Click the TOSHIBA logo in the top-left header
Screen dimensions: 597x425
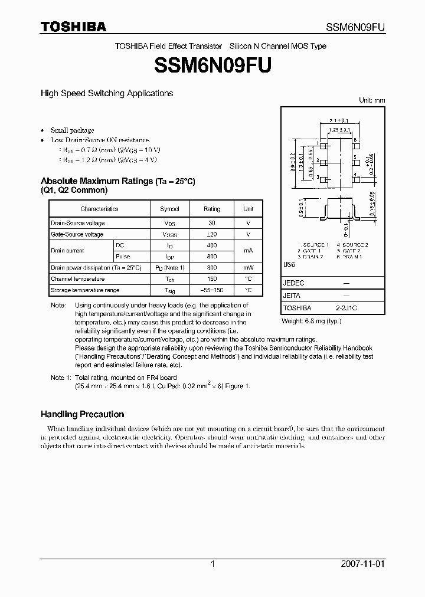pyautogui.click(x=73, y=27)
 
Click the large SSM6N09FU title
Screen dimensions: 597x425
pyautogui.click(x=212, y=65)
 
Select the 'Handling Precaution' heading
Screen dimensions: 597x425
pyautogui.click(x=82, y=414)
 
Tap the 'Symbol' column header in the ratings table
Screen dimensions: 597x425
pyautogui.click(x=169, y=209)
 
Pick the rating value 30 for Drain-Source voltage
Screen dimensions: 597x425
pyautogui.click(x=212, y=223)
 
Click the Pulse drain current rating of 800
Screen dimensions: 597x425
pyautogui.click(x=212, y=257)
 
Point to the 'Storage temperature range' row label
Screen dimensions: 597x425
pyautogui.click(x=85, y=290)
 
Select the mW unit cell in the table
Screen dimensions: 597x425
pyautogui.click(x=249, y=267)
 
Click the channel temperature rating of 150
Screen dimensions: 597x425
pyautogui.click(x=212, y=279)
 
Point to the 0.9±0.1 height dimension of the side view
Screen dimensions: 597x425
pyautogui.click(x=300, y=208)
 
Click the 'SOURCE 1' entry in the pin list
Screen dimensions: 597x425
pyautogui.click(x=314, y=244)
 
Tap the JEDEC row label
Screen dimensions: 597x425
pyautogui.click(x=293, y=283)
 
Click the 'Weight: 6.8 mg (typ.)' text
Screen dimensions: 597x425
pyautogui.click(x=311, y=321)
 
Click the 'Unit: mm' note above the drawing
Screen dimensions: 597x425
pyautogui.click(x=372, y=100)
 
